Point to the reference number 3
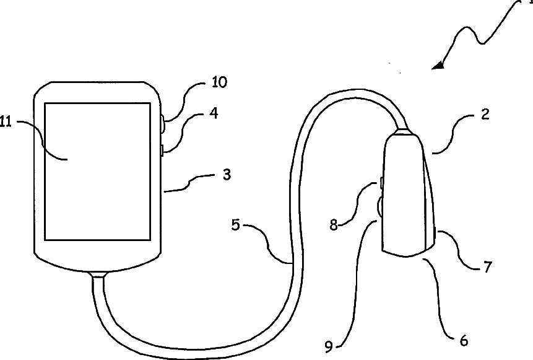pyautogui.click(x=227, y=175)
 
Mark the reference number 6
pyautogui.click(x=464, y=340)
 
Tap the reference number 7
pyautogui.click(x=487, y=267)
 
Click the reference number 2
pyautogui.click(x=485, y=115)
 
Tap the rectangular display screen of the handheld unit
pyautogui.click(x=97, y=171)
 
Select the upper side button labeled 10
pyautogui.click(x=162, y=125)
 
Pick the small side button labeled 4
pyautogui.click(x=162, y=150)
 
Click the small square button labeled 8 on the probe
pyautogui.click(x=382, y=183)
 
